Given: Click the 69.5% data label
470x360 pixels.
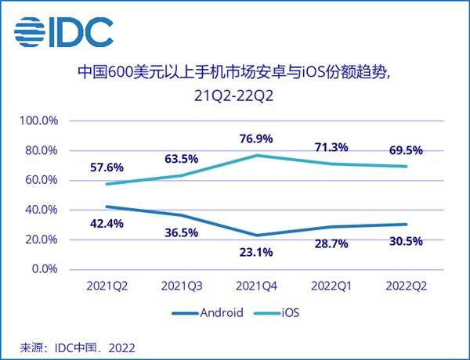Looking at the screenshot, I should point(405,149).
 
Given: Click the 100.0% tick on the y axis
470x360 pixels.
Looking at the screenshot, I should point(38,121).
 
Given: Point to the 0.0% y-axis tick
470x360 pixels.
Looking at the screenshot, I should point(42,269).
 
